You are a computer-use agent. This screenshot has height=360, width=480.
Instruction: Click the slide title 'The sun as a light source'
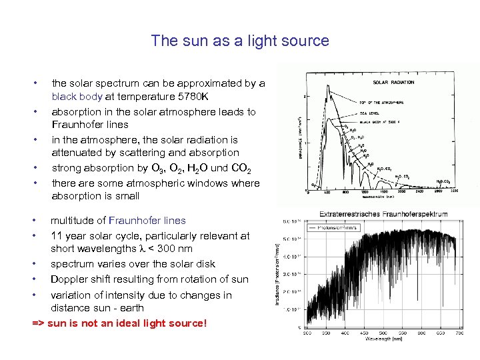[x=240, y=41]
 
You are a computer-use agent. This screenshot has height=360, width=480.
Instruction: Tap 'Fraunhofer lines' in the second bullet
[x=90, y=125]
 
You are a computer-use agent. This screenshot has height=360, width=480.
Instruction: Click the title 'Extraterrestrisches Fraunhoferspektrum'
[x=383, y=214]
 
